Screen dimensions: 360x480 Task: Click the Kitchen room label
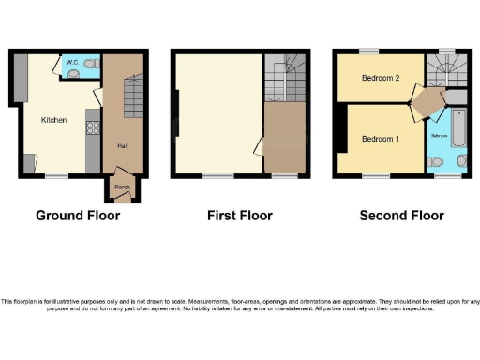pyautogui.click(x=52, y=120)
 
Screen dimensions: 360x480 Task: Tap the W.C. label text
pyautogui.click(x=70, y=61)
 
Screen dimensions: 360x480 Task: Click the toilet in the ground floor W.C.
pyautogui.click(x=89, y=64)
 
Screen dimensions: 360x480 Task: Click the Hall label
pyautogui.click(x=122, y=147)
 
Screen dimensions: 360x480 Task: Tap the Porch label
pyautogui.click(x=122, y=187)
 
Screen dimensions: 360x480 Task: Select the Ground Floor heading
pyautogui.click(x=78, y=216)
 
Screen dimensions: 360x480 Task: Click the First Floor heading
pyautogui.click(x=239, y=216)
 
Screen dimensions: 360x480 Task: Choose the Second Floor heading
pyautogui.click(x=401, y=216)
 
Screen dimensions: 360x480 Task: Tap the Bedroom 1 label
pyautogui.click(x=381, y=139)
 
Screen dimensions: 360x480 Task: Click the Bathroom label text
pyautogui.click(x=438, y=137)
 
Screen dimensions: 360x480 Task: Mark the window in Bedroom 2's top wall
pyautogui.click(x=372, y=51)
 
